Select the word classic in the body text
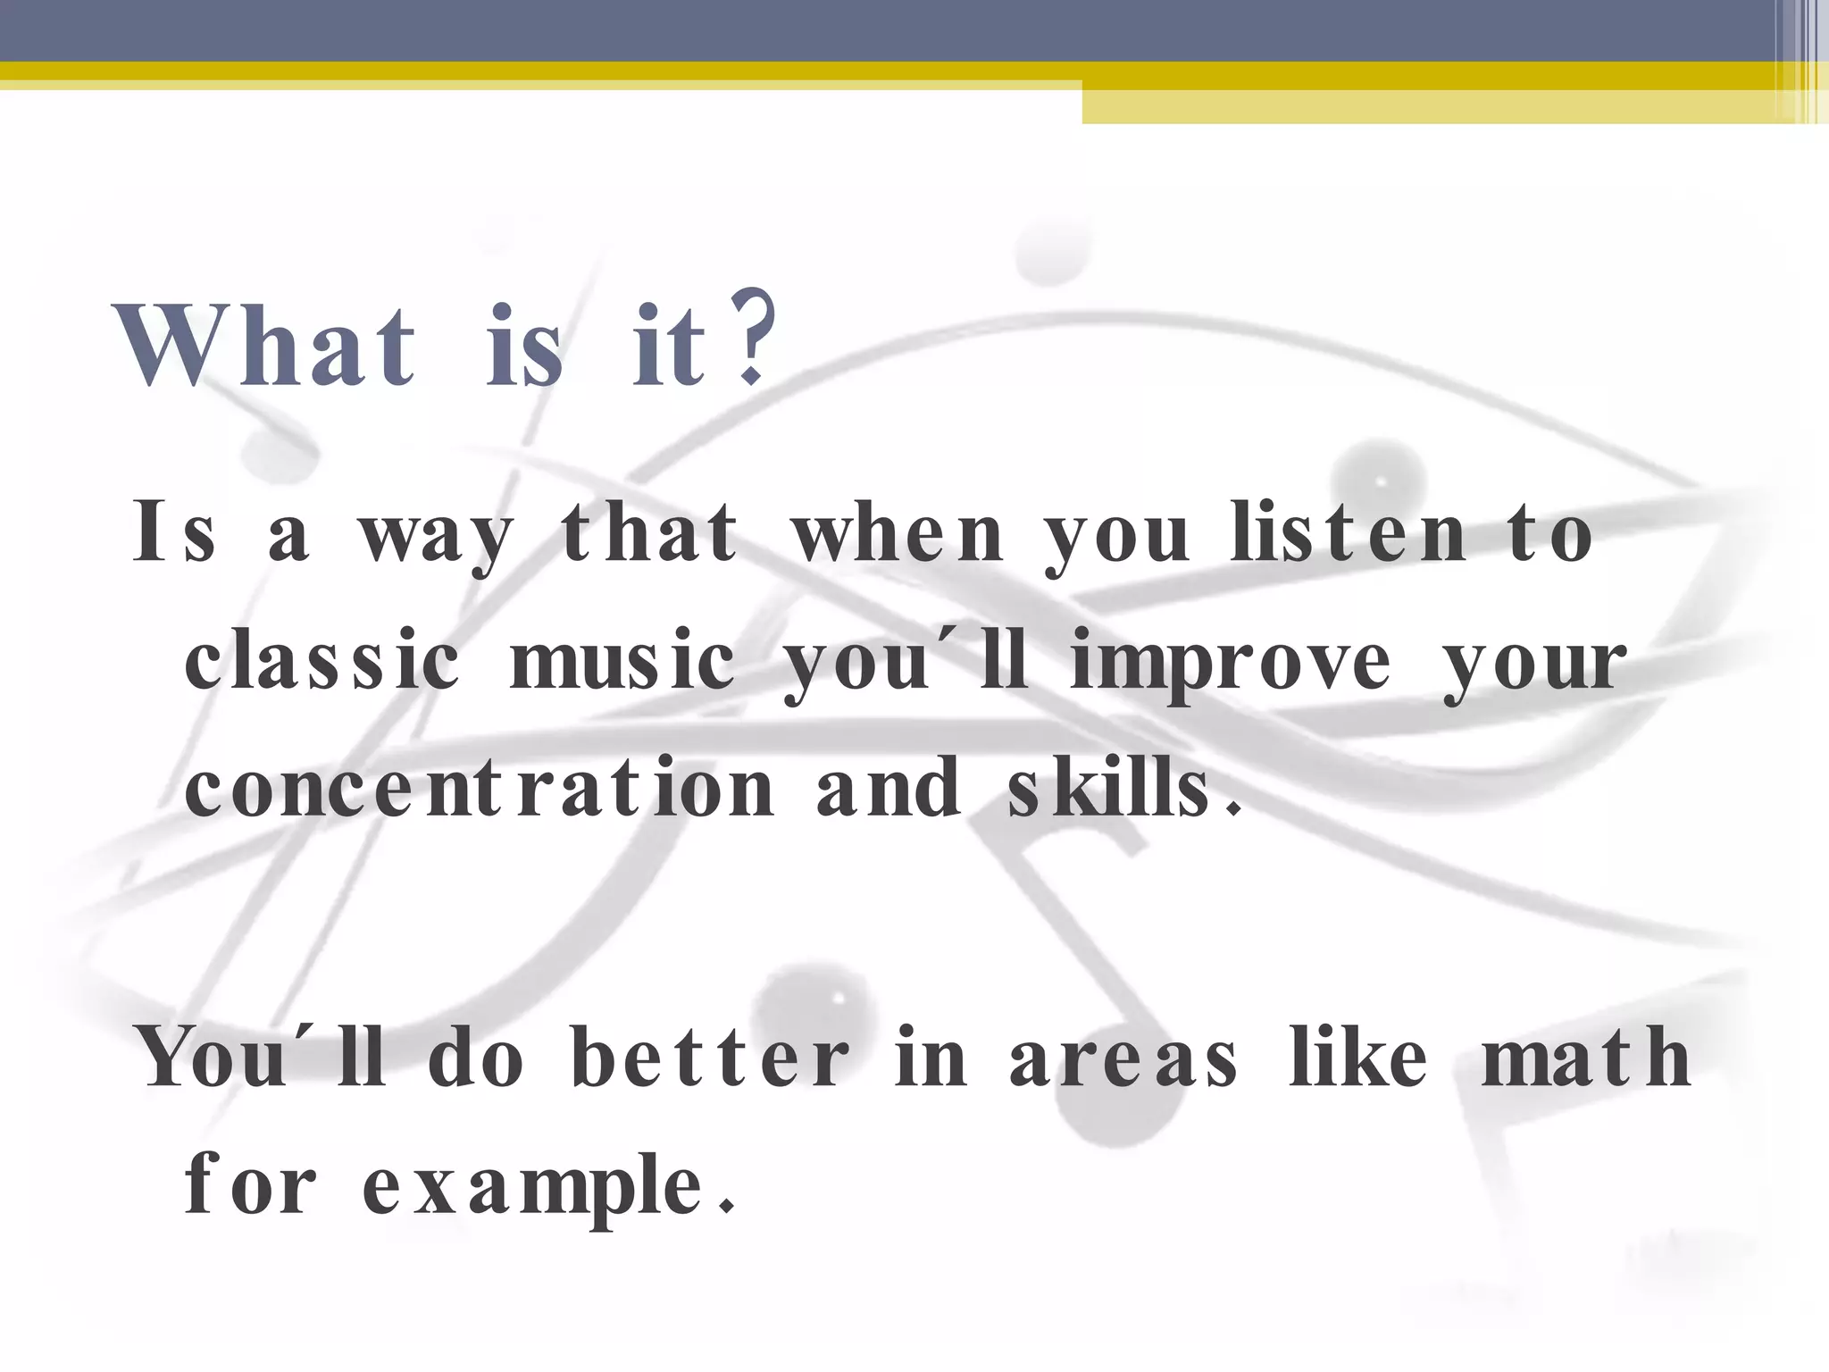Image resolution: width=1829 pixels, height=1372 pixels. [322, 661]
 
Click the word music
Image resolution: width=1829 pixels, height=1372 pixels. [622, 661]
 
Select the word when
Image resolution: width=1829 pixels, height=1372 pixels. [898, 534]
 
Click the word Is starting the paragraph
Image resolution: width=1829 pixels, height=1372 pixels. [175, 534]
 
